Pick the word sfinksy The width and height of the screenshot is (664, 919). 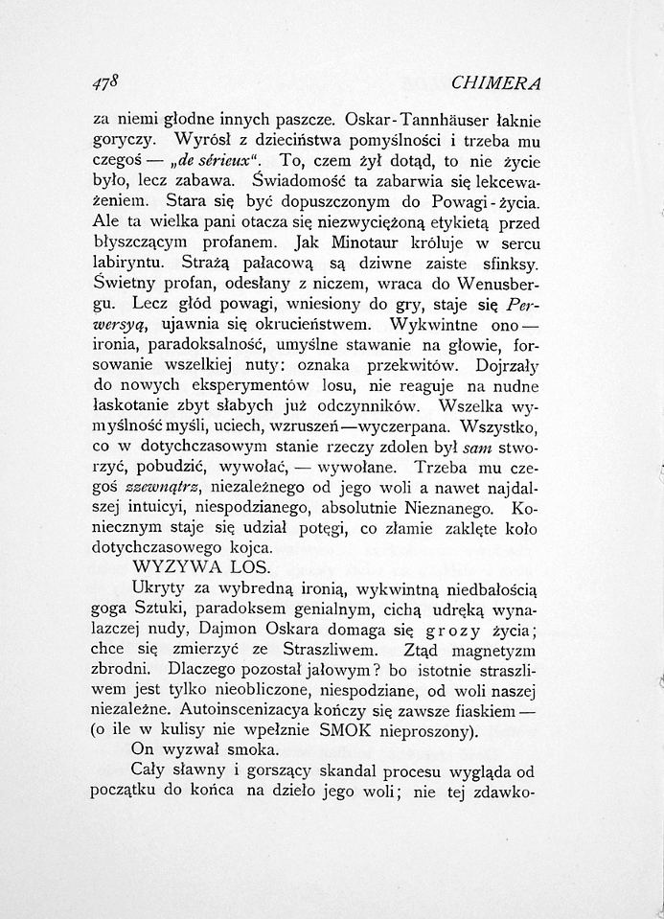click(x=505, y=262)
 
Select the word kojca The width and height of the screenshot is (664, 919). click(x=250, y=548)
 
